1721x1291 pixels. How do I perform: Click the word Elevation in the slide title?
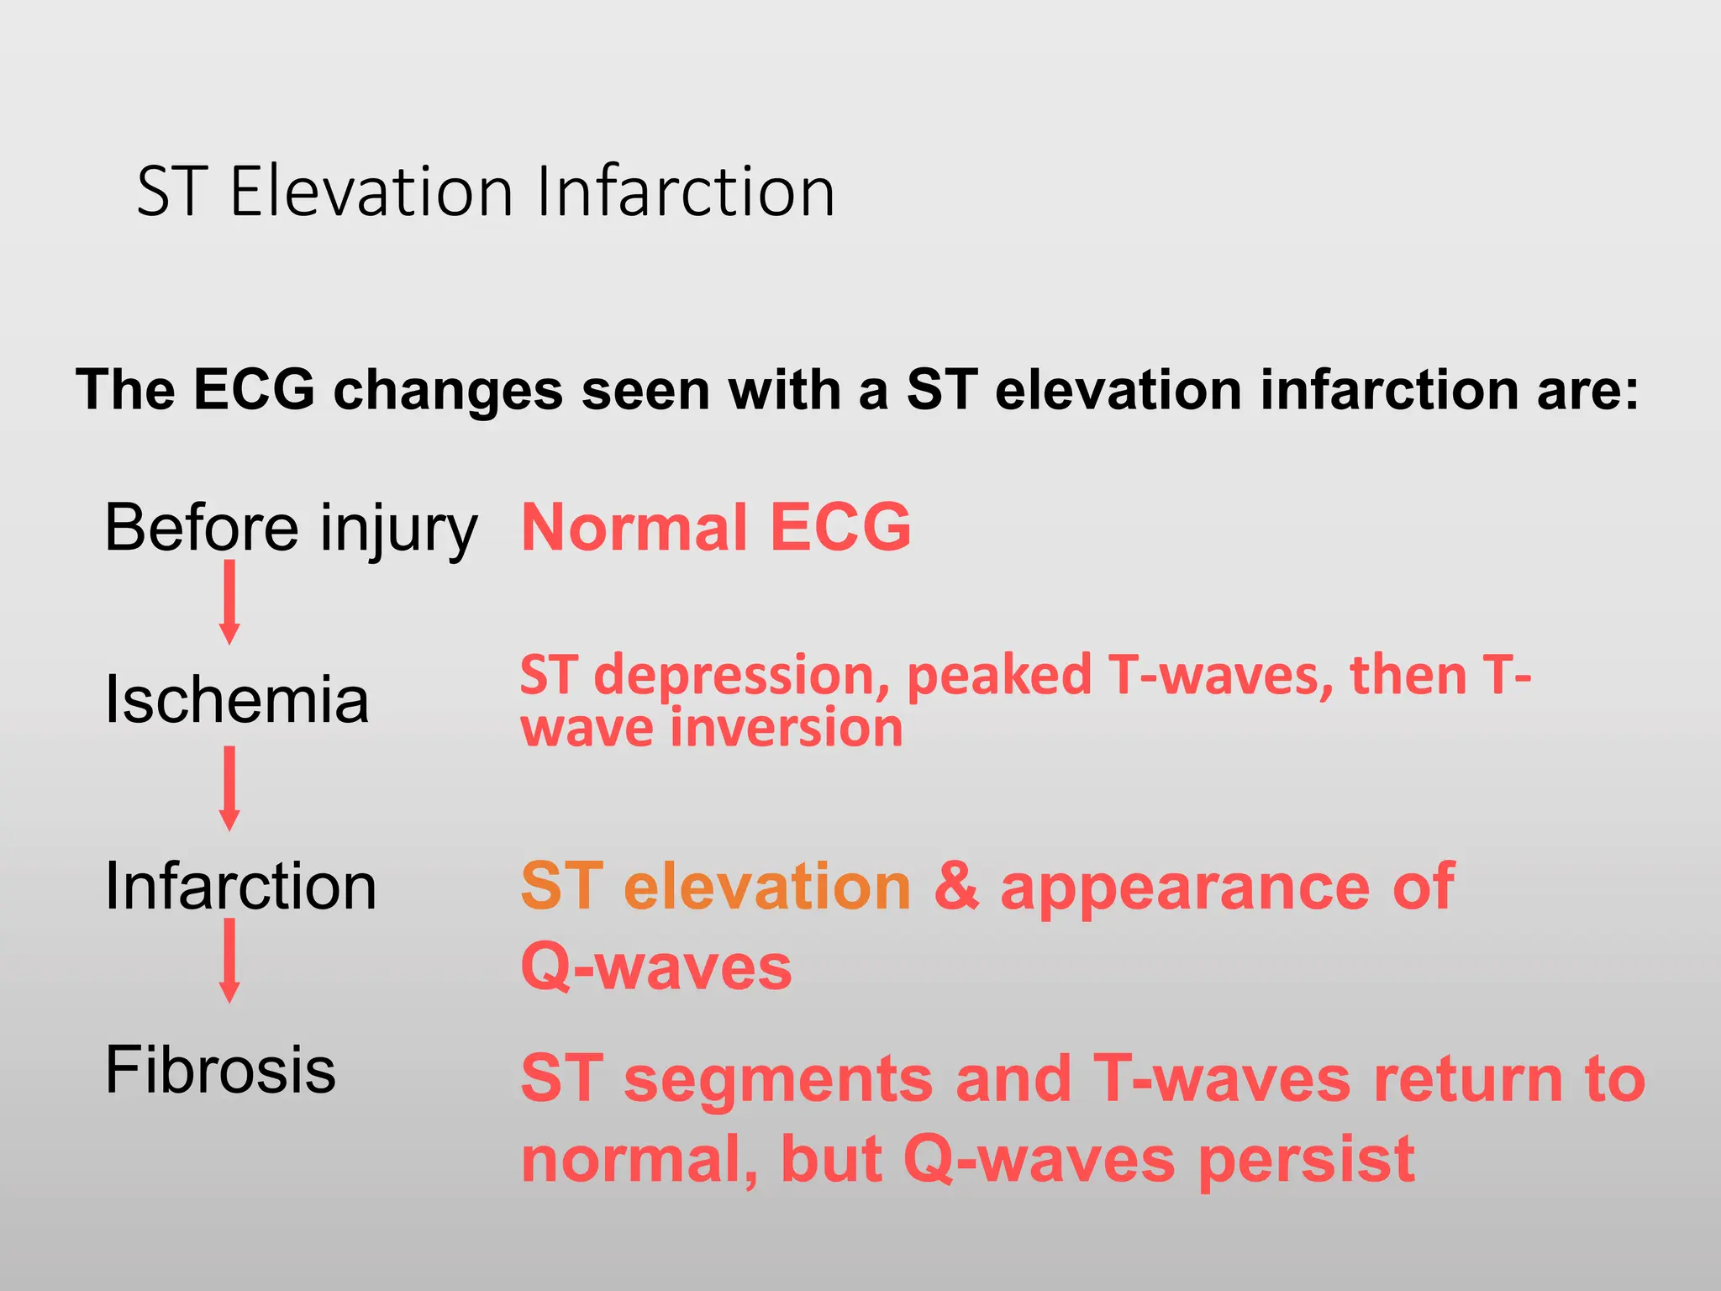(371, 192)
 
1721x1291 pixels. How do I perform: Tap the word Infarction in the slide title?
(685, 192)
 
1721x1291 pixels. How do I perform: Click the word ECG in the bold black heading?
(254, 390)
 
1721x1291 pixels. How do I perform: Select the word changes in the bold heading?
(448, 390)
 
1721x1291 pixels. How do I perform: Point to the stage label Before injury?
(291, 528)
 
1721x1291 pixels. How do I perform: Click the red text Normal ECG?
(716, 528)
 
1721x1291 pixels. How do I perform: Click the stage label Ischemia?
(236, 700)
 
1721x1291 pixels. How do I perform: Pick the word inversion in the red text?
(787, 728)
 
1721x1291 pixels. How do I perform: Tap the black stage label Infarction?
(240, 887)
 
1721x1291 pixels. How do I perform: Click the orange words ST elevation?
(715, 887)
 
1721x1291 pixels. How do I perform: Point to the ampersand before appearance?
(956, 887)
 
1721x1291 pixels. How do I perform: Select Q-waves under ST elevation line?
(656, 967)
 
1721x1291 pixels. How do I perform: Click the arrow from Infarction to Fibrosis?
(229, 961)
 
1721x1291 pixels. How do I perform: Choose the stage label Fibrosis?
(220, 1070)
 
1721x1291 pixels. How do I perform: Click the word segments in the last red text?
(778, 1079)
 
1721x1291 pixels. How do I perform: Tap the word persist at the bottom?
(1307, 1160)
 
